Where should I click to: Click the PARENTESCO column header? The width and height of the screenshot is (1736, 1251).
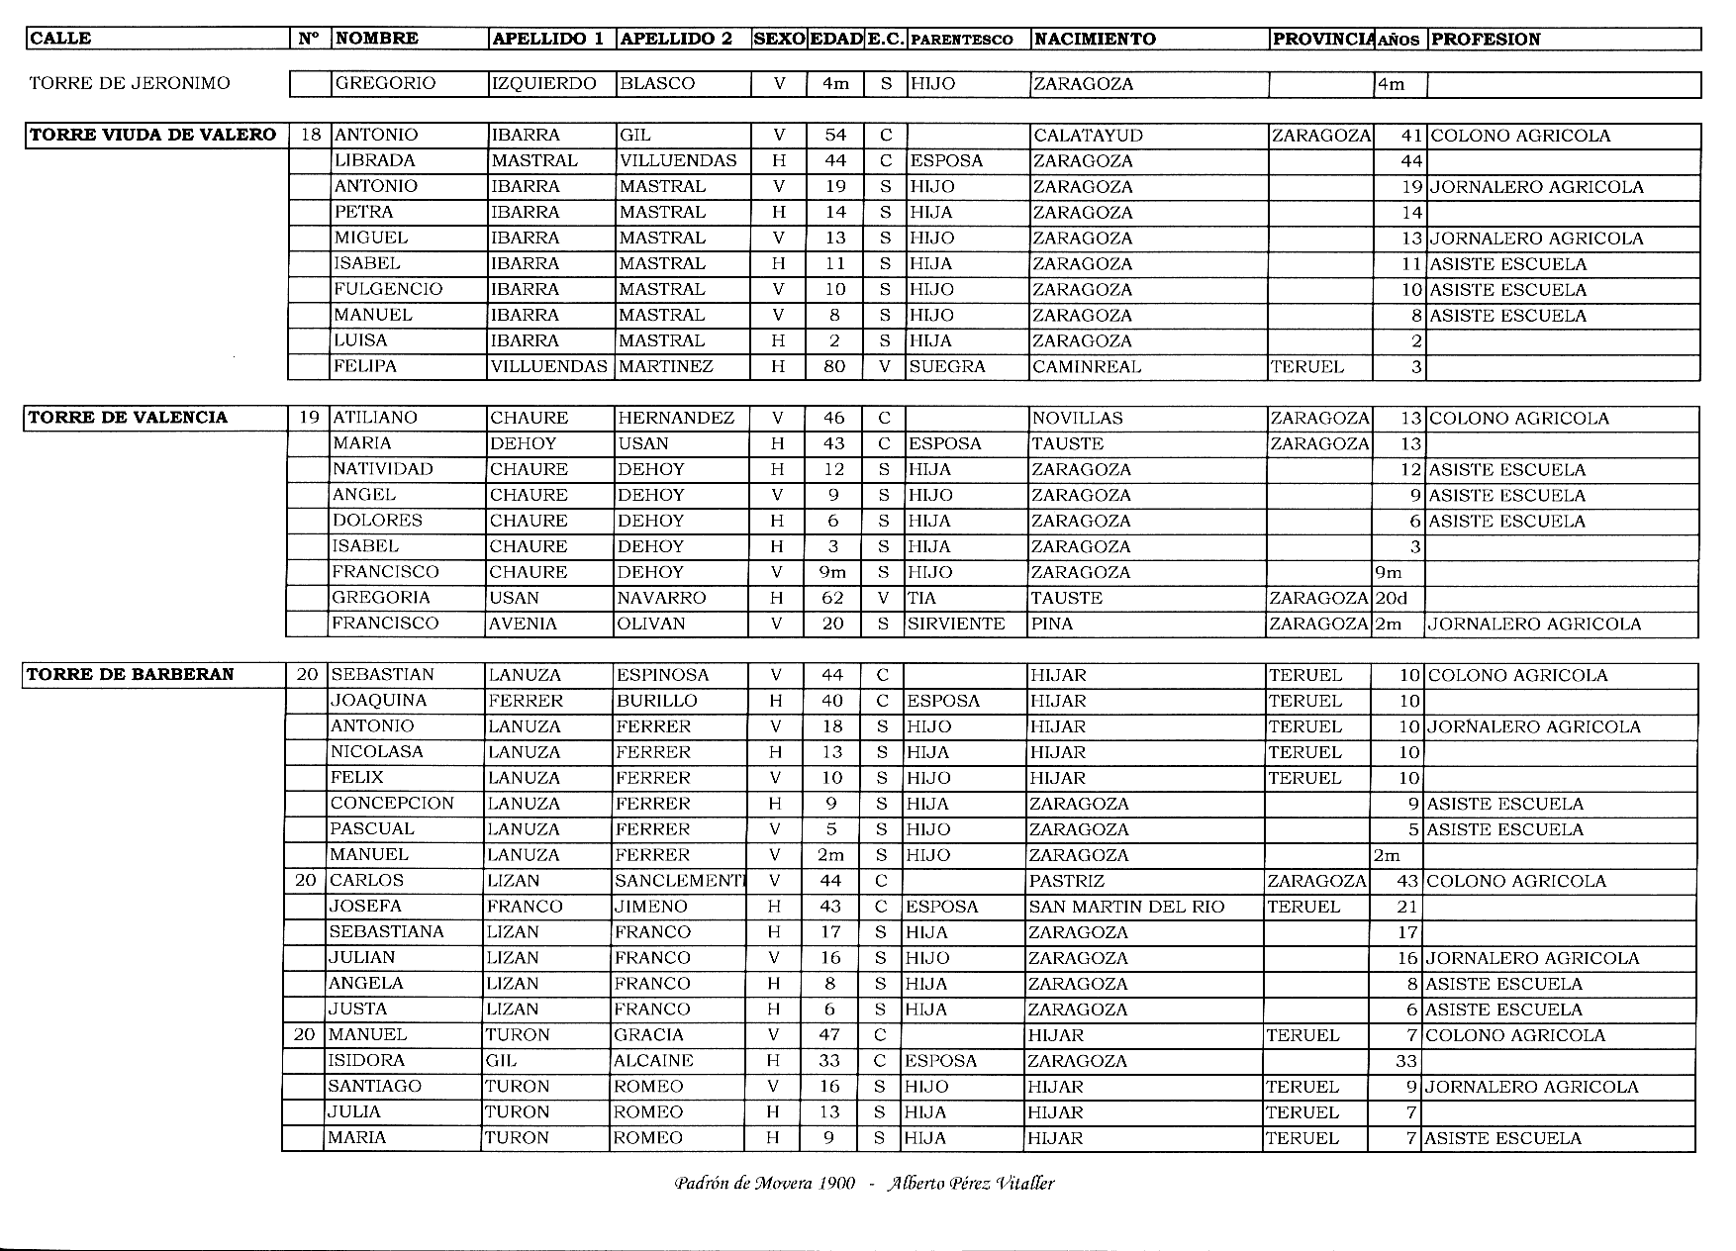pyautogui.click(x=961, y=40)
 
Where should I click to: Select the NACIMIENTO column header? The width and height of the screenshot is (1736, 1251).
pyautogui.click(x=1094, y=40)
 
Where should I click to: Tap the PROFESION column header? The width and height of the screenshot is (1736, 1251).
pyautogui.click(x=1486, y=40)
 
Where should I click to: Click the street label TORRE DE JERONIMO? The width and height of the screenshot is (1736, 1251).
pyautogui.click(x=130, y=83)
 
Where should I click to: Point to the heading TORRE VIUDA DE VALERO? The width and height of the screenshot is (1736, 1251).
pyautogui.click(x=153, y=135)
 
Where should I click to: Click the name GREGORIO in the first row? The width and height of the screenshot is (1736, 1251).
pyautogui.click(x=385, y=84)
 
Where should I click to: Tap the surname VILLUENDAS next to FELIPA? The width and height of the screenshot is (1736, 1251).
pyautogui.click(x=548, y=366)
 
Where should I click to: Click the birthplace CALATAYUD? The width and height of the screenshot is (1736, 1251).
pyautogui.click(x=1088, y=136)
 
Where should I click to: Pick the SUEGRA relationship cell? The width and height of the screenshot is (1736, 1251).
pyautogui.click(x=947, y=366)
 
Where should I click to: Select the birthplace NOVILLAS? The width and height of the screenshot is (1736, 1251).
pyautogui.click(x=1077, y=418)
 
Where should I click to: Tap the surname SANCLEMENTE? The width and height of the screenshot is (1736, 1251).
pyautogui.click(x=679, y=881)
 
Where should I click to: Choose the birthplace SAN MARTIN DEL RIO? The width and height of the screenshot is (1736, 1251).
pyautogui.click(x=1126, y=907)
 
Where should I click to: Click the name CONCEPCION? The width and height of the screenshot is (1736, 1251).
pyautogui.click(x=392, y=804)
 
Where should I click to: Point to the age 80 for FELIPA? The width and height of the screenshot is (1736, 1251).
pyautogui.click(x=834, y=366)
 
